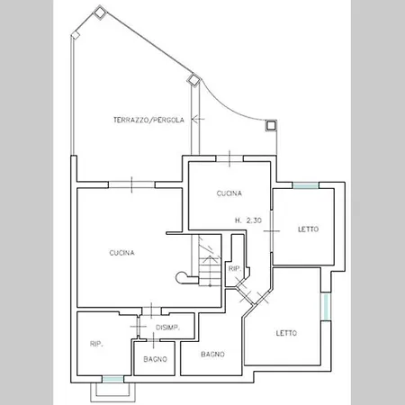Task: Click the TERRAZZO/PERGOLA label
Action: pyautogui.click(x=148, y=120)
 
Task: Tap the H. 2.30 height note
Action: pyautogui.click(x=248, y=220)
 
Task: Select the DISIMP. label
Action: pyautogui.click(x=167, y=328)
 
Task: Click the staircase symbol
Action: pyautogui.click(x=210, y=260)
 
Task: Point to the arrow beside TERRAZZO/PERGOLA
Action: pyautogui.click(x=198, y=119)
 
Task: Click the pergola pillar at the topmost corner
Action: pyautogui.click(x=100, y=13)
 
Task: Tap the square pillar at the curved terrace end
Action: pyautogui.click(x=271, y=125)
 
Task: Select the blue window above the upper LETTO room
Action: pyautogui.click(x=306, y=185)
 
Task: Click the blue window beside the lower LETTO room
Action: pyautogui.click(x=326, y=307)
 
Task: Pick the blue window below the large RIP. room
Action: pyautogui.click(x=112, y=379)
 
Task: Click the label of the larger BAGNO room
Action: pyautogui.click(x=212, y=355)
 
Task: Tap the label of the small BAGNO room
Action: pyautogui.click(x=155, y=359)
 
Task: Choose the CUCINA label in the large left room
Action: pyautogui.click(x=121, y=253)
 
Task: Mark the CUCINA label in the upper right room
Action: pyautogui.click(x=229, y=193)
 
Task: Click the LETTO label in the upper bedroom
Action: pyautogui.click(x=308, y=229)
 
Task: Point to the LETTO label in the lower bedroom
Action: pyautogui.click(x=286, y=333)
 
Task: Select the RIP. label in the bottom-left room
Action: pyautogui.click(x=96, y=344)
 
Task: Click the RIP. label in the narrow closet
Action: pyautogui.click(x=235, y=269)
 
